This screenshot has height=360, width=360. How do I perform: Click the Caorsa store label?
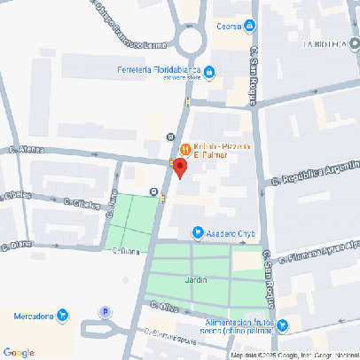coord(230,26)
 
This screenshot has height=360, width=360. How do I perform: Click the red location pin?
coord(179,168)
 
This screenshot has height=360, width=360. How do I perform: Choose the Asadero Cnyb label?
coord(231,233)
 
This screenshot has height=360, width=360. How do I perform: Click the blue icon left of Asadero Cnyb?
coord(198,233)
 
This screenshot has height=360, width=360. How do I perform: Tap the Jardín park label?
coord(195,279)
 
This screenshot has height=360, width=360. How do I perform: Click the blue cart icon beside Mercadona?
coord(62,315)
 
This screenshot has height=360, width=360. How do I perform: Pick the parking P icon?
coord(106,312)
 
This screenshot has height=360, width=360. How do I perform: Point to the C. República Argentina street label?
coord(311,173)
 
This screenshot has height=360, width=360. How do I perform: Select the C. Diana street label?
coord(127,250)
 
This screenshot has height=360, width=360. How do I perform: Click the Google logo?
coord(19,352)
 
